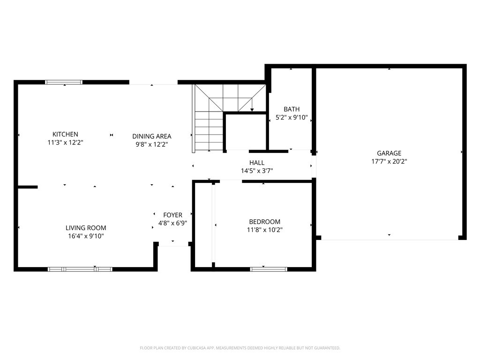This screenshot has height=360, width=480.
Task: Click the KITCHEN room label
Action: click(65, 134)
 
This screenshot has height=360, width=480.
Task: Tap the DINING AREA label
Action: click(151, 136)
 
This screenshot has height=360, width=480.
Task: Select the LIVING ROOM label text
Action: click(86, 228)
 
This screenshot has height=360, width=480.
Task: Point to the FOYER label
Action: click(172, 215)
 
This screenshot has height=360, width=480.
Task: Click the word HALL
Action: click(257, 163)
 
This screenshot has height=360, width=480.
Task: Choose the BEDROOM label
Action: click(264, 222)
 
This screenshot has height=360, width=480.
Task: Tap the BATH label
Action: click(291, 109)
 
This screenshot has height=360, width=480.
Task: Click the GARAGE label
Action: click(389, 153)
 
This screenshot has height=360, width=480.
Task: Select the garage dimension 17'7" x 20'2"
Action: click(389, 161)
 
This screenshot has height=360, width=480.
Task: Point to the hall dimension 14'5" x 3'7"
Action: click(257, 171)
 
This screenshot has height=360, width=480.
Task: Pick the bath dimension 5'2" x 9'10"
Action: click(291, 118)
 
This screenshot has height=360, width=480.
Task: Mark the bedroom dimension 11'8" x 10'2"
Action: click(264, 230)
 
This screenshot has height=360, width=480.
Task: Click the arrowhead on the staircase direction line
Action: click(252, 110)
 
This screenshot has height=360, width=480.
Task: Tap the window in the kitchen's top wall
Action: click(64, 82)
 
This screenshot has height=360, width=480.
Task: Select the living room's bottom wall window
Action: click(80, 269)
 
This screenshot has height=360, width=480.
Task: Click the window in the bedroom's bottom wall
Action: click(269, 269)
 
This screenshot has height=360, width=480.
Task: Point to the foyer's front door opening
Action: click(173, 244)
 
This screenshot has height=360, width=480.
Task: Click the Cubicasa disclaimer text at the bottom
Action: click(240, 348)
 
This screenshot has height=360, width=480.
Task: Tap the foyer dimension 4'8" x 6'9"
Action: click(172, 224)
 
